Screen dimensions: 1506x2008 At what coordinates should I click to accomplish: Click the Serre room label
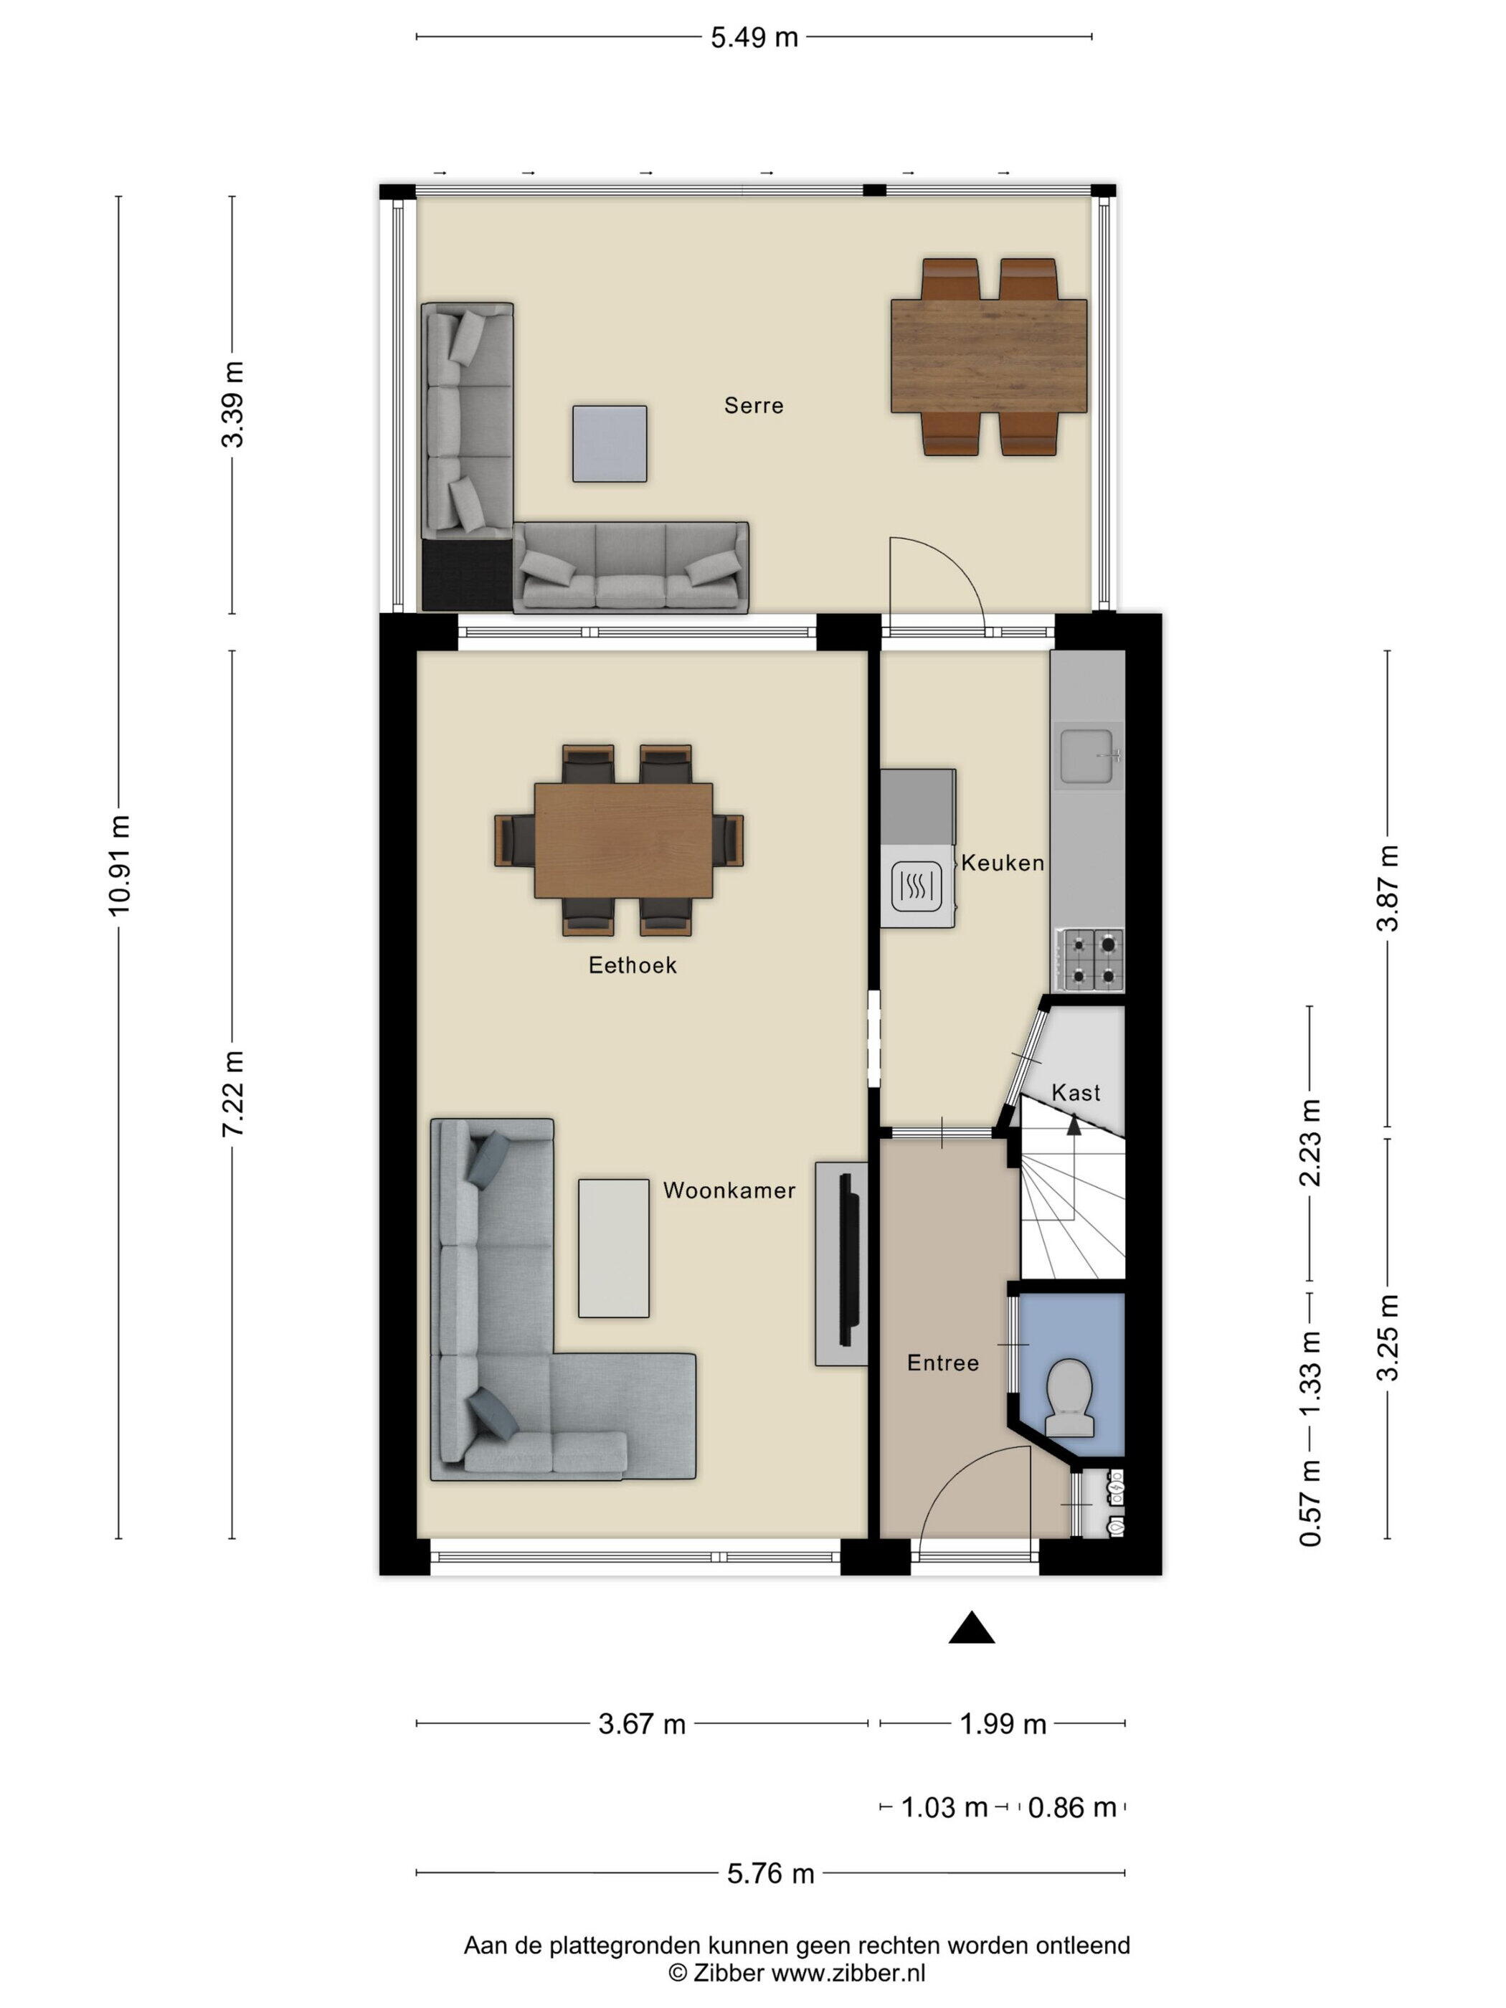[x=754, y=406]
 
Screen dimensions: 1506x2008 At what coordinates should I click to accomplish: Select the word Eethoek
[x=633, y=965]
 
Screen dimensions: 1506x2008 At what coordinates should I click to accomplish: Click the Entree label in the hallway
[x=943, y=1363]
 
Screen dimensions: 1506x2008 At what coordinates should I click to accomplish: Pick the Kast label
[x=1076, y=1093]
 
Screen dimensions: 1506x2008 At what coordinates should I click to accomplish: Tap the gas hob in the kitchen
[x=1089, y=960]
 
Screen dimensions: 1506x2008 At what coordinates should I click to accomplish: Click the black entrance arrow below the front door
[x=971, y=1628]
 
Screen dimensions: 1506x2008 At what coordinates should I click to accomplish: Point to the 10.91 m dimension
[x=119, y=865]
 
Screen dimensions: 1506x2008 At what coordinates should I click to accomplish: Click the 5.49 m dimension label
[x=754, y=37]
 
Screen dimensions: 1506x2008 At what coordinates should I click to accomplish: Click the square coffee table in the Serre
[x=609, y=444]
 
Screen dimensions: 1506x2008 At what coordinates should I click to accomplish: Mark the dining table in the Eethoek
[x=622, y=840]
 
